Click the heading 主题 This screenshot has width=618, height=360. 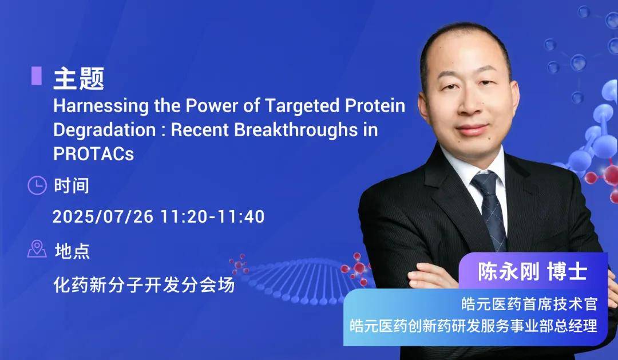79,78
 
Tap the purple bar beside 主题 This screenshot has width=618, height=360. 37,76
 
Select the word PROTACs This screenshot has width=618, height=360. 94,154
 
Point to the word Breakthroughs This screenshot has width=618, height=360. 296,130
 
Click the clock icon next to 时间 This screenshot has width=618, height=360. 37,185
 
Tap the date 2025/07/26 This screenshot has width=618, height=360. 102,216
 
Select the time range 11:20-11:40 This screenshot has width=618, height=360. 212,216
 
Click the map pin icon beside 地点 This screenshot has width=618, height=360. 37,249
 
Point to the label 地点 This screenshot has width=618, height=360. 72,251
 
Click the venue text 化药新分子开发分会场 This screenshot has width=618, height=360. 144,284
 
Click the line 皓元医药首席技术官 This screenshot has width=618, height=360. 529,304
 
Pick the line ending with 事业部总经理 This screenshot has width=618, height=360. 473,326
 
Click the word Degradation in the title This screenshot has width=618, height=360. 105,130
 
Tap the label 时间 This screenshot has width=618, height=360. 72,185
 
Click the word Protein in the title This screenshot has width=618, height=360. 375,106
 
